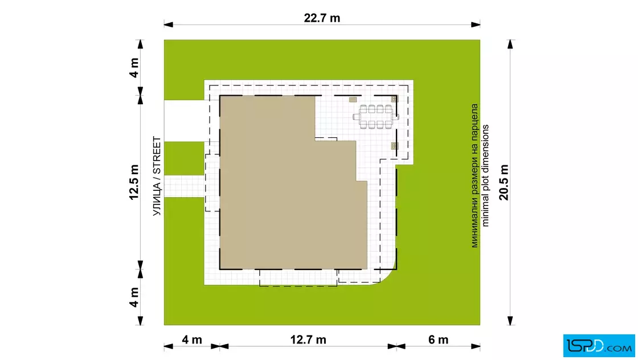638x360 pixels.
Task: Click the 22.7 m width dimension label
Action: pos(322,18)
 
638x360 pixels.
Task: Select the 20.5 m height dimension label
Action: pos(504,182)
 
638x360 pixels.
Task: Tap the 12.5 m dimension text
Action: pos(134,182)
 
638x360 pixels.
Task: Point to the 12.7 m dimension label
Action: pos(308,339)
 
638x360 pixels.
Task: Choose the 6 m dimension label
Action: pos(438,339)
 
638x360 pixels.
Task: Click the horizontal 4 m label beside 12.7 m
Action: pos(191,339)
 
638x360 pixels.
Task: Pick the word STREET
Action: pos(157,156)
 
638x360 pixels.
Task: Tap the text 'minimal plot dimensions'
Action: pos(485,176)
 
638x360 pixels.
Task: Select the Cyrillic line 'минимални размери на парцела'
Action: pos(475,176)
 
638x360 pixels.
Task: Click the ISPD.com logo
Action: pos(599,346)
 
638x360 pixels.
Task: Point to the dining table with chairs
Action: pos(375,117)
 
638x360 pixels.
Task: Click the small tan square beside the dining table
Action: pos(353,100)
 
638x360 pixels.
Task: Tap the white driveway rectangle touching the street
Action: pos(185,121)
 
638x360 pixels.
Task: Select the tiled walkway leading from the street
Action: pos(185,187)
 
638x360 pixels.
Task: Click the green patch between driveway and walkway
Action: pos(185,159)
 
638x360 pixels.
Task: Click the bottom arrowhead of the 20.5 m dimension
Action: pos(510,321)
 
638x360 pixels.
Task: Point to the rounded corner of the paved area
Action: pos(388,278)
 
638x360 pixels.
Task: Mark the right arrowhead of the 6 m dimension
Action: pos(476,346)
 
